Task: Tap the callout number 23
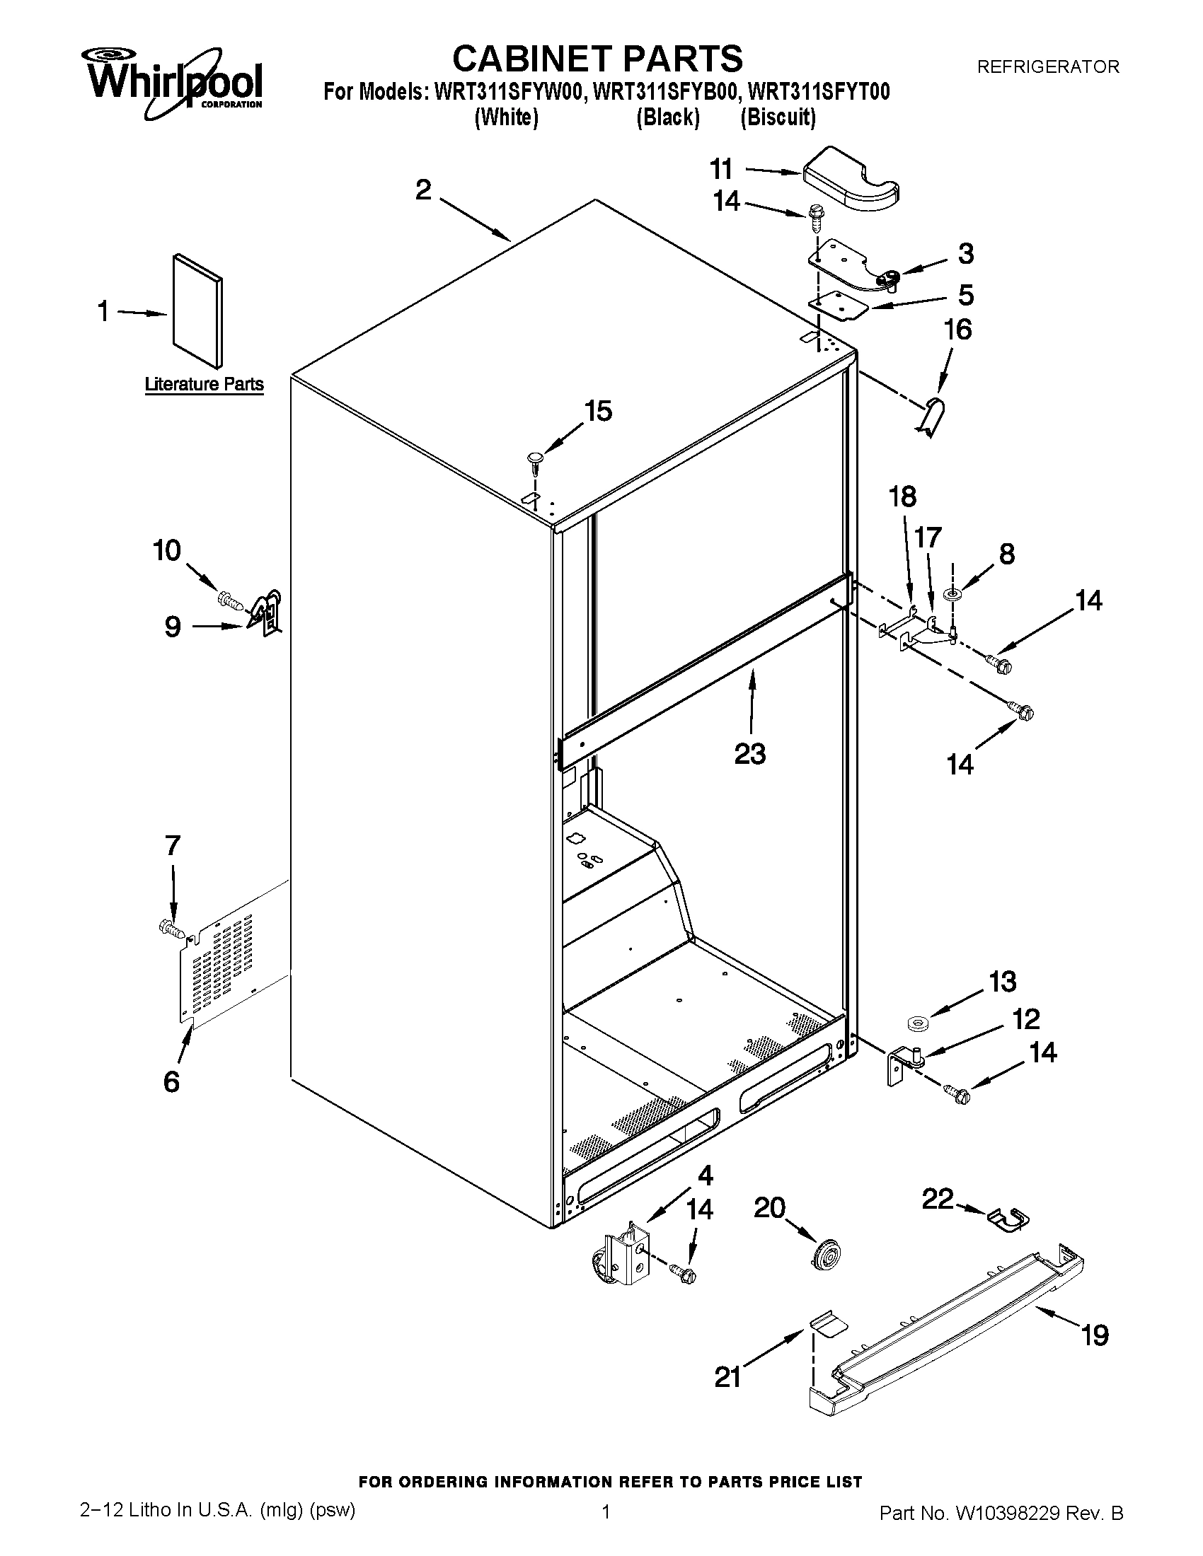click(749, 753)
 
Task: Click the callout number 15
click(598, 411)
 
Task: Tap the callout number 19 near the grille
click(1095, 1335)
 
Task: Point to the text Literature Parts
click(204, 384)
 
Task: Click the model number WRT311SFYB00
click(665, 92)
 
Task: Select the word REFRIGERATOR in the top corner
click(1047, 67)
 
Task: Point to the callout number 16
click(957, 329)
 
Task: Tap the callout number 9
click(173, 626)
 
